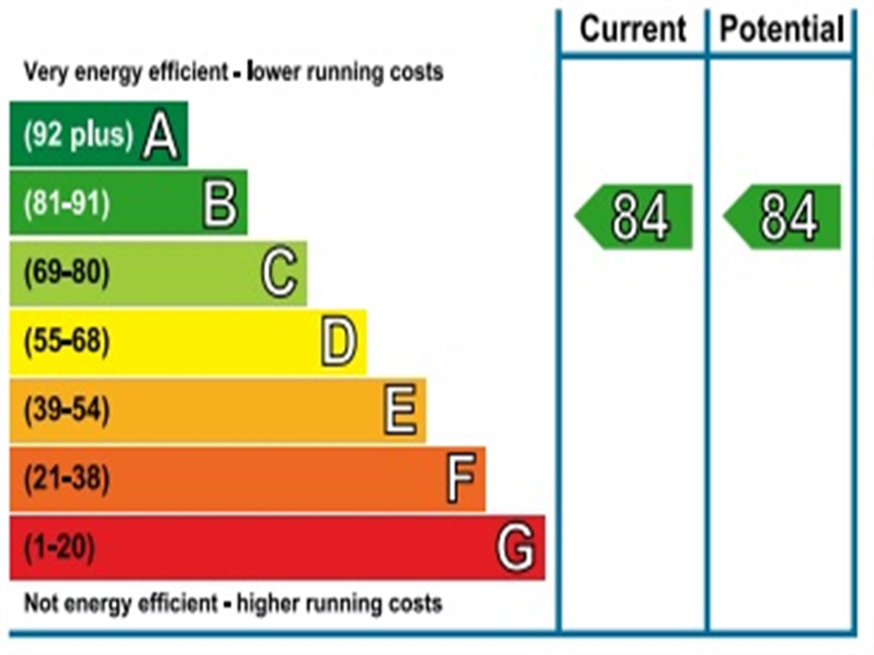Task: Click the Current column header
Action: (x=633, y=29)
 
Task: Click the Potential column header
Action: (x=782, y=29)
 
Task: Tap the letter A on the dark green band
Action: (x=160, y=136)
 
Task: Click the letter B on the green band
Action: (x=220, y=204)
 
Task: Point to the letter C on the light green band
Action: (x=279, y=272)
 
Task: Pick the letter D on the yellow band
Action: (x=339, y=342)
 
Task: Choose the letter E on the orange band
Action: (x=400, y=410)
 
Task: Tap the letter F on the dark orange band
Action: (x=461, y=479)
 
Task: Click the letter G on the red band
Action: (x=515, y=546)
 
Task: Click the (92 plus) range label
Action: (x=78, y=134)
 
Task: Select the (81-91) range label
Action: (x=67, y=204)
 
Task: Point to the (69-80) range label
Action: (x=67, y=272)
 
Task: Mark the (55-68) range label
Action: (x=67, y=341)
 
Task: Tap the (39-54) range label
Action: (x=67, y=410)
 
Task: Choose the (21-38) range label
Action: (x=67, y=479)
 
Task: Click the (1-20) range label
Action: (x=59, y=546)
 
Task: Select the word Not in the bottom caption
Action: (x=40, y=603)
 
